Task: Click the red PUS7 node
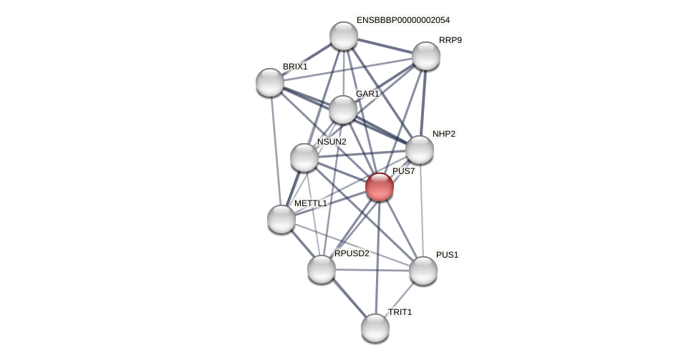tap(380, 187)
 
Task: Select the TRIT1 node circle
tap(375, 328)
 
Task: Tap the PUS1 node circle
tap(423, 271)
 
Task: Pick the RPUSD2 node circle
tap(322, 269)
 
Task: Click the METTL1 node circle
tap(281, 219)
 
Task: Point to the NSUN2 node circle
tap(304, 157)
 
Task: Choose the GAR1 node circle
tap(343, 110)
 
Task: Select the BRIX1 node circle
tap(270, 82)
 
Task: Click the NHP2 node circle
tap(420, 150)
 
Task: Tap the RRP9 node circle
tap(426, 56)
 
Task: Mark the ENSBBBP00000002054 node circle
tap(344, 36)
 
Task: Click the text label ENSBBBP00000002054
tap(403, 20)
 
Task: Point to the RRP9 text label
tap(450, 40)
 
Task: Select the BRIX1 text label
tap(295, 67)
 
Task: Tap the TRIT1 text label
tap(400, 312)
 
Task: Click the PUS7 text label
tap(404, 171)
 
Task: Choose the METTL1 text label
tap(311, 203)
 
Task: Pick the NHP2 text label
tap(444, 134)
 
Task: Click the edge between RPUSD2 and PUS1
tap(372, 270)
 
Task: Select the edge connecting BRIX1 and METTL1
tap(276, 150)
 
